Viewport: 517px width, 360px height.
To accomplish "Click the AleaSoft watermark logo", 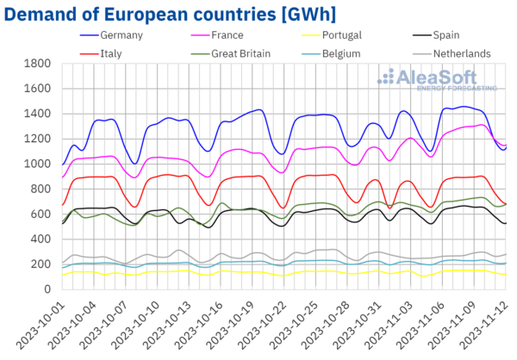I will coord(434,80).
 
